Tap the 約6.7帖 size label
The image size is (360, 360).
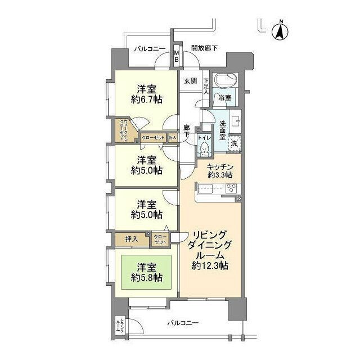(147, 100)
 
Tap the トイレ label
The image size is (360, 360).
(205, 137)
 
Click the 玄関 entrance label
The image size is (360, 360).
(190, 80)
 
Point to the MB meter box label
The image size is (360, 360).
(176, 56)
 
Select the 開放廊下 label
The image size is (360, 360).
(204, 48)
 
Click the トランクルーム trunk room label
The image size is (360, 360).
(119, 328)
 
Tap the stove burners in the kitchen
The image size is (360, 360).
(231, 188)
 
